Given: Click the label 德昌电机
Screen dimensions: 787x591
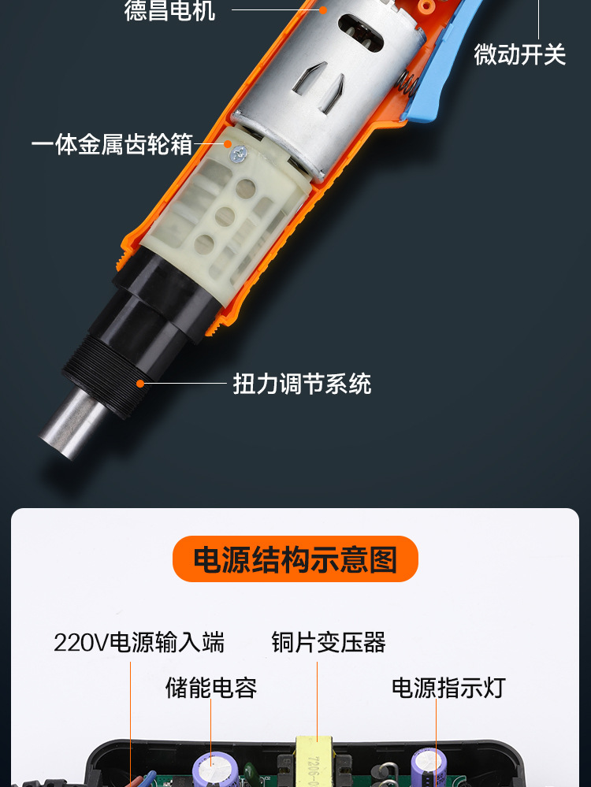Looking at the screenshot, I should coord(169,11).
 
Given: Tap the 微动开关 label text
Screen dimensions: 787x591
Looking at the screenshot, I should coord(520,54).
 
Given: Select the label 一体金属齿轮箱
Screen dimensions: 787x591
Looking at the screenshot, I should coord(112,144).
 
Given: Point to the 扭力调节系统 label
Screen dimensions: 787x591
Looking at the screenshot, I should coord(302,384).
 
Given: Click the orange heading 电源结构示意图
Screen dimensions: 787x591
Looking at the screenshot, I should coord(295,560).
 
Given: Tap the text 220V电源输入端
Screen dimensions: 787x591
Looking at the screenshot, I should coord(139,643).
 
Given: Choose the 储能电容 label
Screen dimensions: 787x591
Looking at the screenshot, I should coord(211,688).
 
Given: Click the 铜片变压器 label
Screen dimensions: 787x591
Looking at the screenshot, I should coord(329,643).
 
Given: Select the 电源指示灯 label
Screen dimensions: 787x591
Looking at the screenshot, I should coord(448,688).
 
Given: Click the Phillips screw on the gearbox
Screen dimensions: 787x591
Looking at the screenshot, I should coord(236,157).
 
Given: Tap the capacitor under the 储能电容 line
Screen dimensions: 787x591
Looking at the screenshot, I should coord(211,768).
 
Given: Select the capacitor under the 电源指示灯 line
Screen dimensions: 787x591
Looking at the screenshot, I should coord(426,767).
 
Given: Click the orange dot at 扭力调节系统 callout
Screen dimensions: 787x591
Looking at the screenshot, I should coord(140,384).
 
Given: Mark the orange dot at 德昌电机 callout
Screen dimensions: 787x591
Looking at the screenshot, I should coord(323,10).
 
